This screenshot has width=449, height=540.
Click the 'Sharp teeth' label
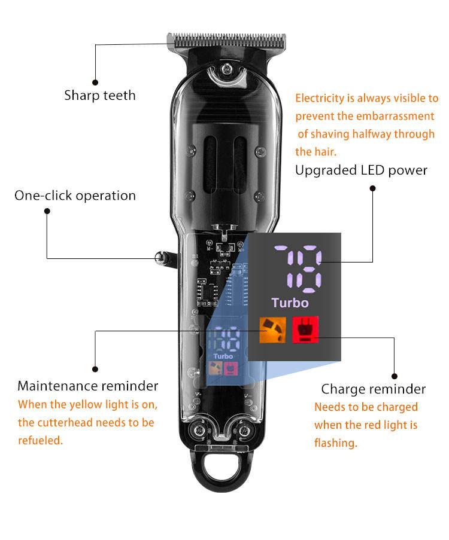[100, 96]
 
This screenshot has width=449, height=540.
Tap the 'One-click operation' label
[75, 196]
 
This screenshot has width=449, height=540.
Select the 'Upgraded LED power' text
[361, 170]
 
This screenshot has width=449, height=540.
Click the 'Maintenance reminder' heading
[88, 386]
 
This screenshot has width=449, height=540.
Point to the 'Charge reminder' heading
[373, 389]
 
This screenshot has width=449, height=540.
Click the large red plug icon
[305, 330]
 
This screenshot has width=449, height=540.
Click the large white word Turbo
[290, 303]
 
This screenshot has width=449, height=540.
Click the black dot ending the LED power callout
[372, 188]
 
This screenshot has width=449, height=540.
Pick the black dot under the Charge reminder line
[395, 376]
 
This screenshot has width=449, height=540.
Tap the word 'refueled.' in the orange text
[40, 441]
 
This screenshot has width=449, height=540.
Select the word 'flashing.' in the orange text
[335, 443]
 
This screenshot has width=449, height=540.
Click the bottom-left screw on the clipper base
[195, 431]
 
